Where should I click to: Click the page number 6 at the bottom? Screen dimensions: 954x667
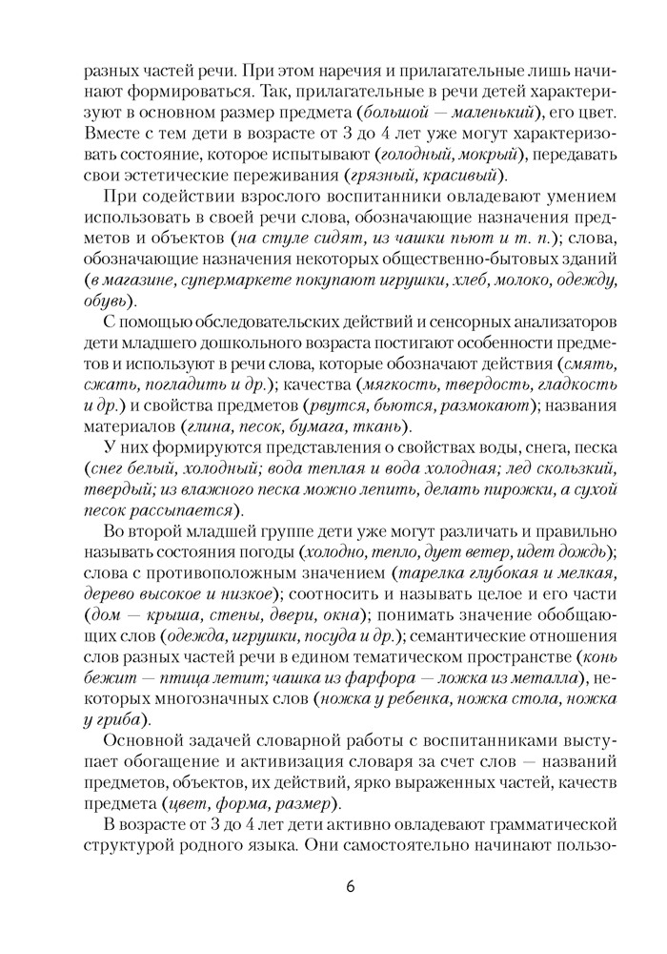coord(350,885)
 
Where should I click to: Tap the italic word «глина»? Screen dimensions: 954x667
coord(214,426)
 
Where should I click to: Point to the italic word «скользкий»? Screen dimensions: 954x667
coord(569,468)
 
